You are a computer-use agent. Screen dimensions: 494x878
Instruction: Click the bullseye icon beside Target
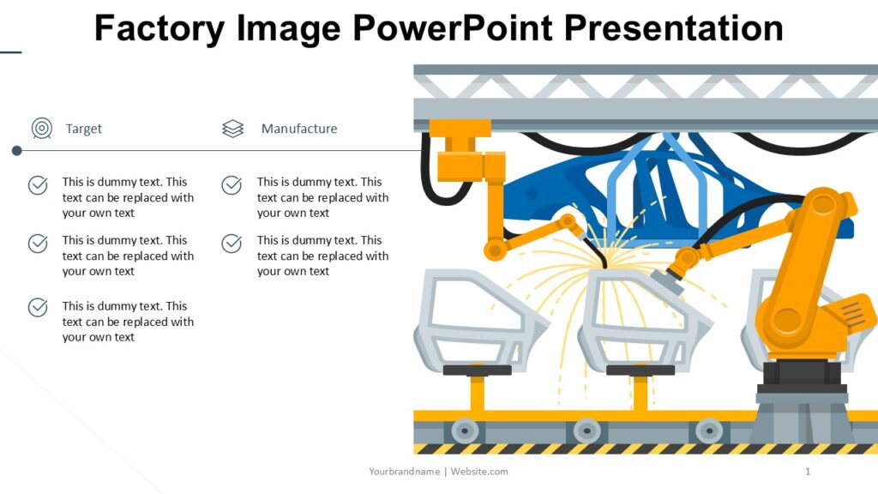[41, 129]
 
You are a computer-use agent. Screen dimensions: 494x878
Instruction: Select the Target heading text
[84, 129]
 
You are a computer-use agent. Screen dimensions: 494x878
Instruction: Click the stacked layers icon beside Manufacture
[233, 129]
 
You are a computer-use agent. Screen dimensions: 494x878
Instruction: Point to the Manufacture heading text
[299, 129]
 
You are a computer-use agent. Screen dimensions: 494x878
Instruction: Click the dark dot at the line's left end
[16, 151]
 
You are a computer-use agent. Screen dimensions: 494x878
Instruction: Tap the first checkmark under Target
[38, 185]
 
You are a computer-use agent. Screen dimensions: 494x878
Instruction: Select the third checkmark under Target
[38, 307]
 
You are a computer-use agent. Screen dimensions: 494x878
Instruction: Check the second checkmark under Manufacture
[232, 244]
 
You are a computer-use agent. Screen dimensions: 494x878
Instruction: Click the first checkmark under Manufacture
[232, 185]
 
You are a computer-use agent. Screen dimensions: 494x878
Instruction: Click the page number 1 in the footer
[808, 472]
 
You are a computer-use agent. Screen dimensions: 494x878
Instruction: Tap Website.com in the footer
[479, 472]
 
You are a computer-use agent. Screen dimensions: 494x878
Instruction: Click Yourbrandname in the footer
[405, 472]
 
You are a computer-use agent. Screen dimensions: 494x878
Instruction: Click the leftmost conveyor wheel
[465, 430]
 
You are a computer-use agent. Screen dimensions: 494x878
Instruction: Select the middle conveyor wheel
[586, 430]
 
